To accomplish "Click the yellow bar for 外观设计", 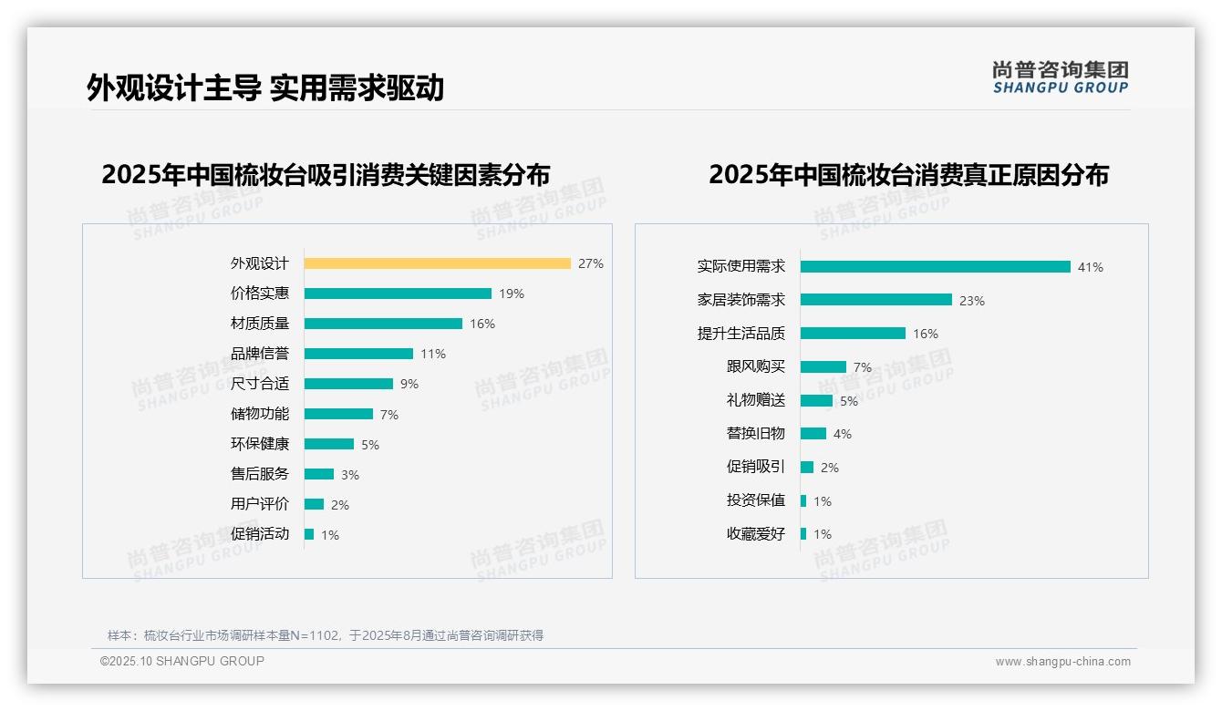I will (x=437, y=263).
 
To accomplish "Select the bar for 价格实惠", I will (x=398, y=294).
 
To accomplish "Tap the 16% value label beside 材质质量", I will (x=482, y=324).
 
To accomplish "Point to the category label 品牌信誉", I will (x=259, y=354).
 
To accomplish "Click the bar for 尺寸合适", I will (x=348, y=384).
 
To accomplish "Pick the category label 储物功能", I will (x=259, y=414).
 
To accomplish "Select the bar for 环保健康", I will (x=329, y=444).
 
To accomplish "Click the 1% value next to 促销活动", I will (x=329, y=535).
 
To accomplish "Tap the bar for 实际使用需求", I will (x=935, y=267).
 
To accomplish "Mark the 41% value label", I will (x=1090, y=267).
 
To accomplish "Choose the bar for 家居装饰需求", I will (x=875, y=300).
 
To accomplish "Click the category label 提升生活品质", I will (x=740, y=334).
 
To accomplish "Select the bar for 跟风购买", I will (x=823, y=366).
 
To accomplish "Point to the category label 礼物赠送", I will (x=755, y=400).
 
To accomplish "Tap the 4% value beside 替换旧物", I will (x=842, y=434).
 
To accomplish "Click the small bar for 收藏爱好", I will (x=803, y=534).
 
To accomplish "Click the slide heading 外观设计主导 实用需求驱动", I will (x=265, y=88).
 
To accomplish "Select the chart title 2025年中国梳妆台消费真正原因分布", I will (x=908, y=175).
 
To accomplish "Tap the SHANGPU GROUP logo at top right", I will (x=1060, y=77).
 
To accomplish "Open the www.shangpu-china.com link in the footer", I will (x=1062, y=662).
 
